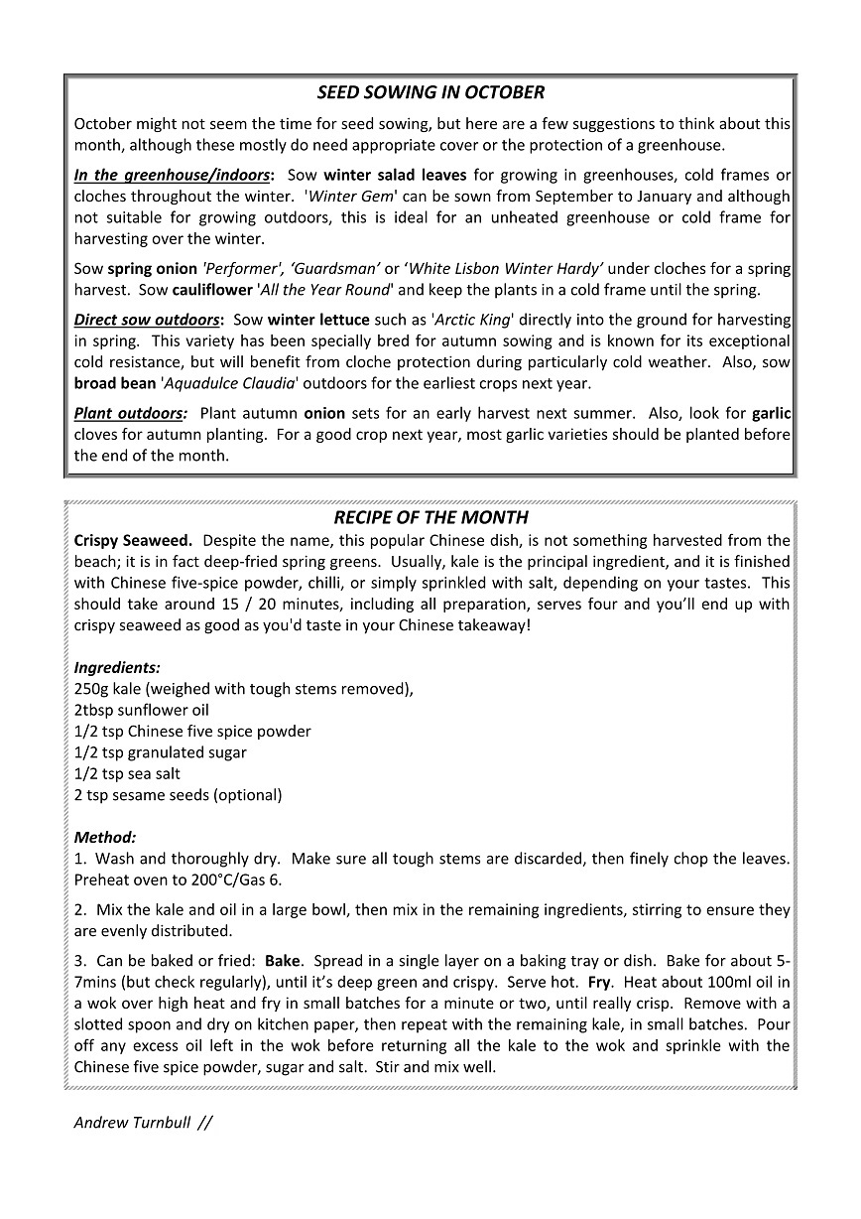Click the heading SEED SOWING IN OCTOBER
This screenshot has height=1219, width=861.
[x=430, y=92]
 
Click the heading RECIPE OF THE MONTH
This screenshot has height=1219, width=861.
[x=430, y=517]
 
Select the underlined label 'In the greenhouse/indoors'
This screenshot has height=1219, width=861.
[x=172, y=175]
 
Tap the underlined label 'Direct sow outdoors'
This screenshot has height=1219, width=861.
[x=147, y=320]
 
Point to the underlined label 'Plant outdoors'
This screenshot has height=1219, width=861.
[x=129, y=413]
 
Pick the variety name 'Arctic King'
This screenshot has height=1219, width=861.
[x=473, y=320]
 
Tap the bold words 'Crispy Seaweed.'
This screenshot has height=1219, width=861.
[x=133, y=540]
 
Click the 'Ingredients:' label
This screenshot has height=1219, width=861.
[x=117, y=668]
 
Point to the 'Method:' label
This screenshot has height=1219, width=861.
[x=105, y=837]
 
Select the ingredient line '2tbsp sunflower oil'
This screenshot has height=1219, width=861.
[x=141, y=710]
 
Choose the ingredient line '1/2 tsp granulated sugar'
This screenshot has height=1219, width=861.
[x=160, y=752]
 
